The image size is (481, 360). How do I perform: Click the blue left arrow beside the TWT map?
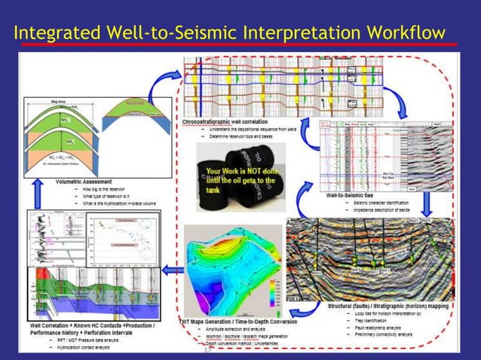(173, 270)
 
